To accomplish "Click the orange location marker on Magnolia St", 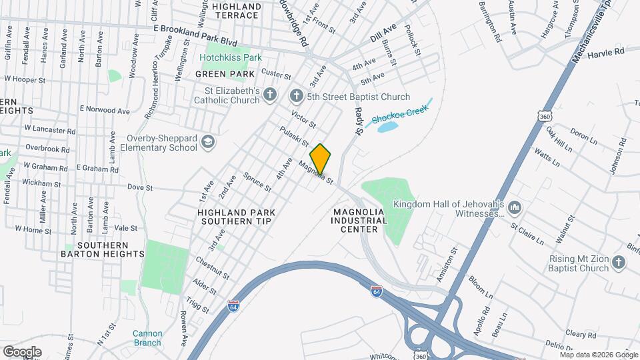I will click(x=321, y=159).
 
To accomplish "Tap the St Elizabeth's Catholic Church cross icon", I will click(x=269, y=95).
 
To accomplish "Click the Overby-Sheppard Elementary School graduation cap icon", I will click(x=209, y=143).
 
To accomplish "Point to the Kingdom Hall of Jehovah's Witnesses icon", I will click(x=514, y=209).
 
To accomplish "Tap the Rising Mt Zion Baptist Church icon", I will click(x=618, y=264).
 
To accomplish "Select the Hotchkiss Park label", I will click(x=231, y=58).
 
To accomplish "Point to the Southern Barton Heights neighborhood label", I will click(x=102, y=249).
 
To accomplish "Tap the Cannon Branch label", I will click(x=147, y=338).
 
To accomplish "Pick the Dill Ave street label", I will click(x=383, y=31).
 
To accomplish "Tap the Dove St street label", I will click(x=136, y=187).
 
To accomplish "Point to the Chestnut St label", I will click(x=213, y=267).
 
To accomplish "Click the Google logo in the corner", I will click(x=21, y=351).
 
